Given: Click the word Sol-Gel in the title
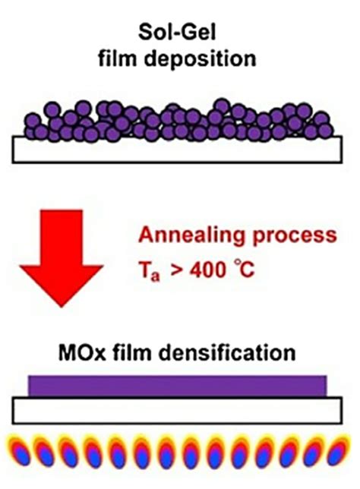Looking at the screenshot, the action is [x=177, y=32].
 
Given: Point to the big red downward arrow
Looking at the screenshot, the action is [x=62, y=258].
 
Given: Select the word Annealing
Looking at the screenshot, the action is [x=191, y=235].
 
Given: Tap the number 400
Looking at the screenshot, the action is [x=207, y=270].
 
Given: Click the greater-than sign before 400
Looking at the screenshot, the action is [x=177, y=270].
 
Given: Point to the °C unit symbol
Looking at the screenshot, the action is [x=245, y=270].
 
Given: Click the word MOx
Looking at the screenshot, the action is [x=82, y=352].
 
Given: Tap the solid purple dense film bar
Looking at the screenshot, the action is [x=178, y=386].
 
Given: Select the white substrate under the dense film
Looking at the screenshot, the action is [x=177, y=410].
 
